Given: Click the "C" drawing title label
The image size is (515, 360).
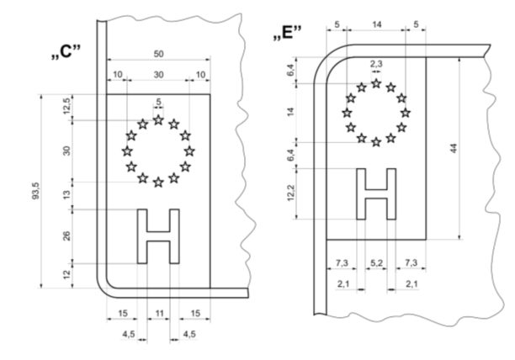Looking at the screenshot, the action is tap(66, 51).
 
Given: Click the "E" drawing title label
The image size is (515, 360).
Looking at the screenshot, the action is tap(287, 33).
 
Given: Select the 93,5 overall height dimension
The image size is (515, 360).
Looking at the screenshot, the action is tap(35, 191).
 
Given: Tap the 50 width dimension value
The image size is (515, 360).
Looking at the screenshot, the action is tap(159, 54).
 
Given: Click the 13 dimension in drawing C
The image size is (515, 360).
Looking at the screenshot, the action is tap(66, 194).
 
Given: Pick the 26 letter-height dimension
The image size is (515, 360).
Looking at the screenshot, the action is tap(66, 236).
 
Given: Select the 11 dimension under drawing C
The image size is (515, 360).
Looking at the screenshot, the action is tap(159, 314).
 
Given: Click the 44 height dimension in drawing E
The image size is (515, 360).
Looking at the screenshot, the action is tap(454, 148).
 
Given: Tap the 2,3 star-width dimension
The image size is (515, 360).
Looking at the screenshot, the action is tap(376, 64).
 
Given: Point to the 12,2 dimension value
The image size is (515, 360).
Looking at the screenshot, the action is tap(291, 193).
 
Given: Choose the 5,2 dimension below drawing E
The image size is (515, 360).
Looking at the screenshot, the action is tap(376, 263).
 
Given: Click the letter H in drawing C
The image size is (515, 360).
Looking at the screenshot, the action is tap(158, 236).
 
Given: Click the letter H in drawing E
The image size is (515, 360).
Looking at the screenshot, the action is tap(376, 193).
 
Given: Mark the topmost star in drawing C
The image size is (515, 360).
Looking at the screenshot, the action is tap(158, 119).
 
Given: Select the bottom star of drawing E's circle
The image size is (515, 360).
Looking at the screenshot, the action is tap(376, 142).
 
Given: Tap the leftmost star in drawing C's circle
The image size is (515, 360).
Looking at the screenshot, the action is tap(127, 151).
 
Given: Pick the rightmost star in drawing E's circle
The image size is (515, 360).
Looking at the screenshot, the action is tap(406, 113).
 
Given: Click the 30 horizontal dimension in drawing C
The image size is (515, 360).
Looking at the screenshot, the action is tap(159, 75).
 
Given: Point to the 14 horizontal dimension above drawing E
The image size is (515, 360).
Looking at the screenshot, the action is tap(377, 24).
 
